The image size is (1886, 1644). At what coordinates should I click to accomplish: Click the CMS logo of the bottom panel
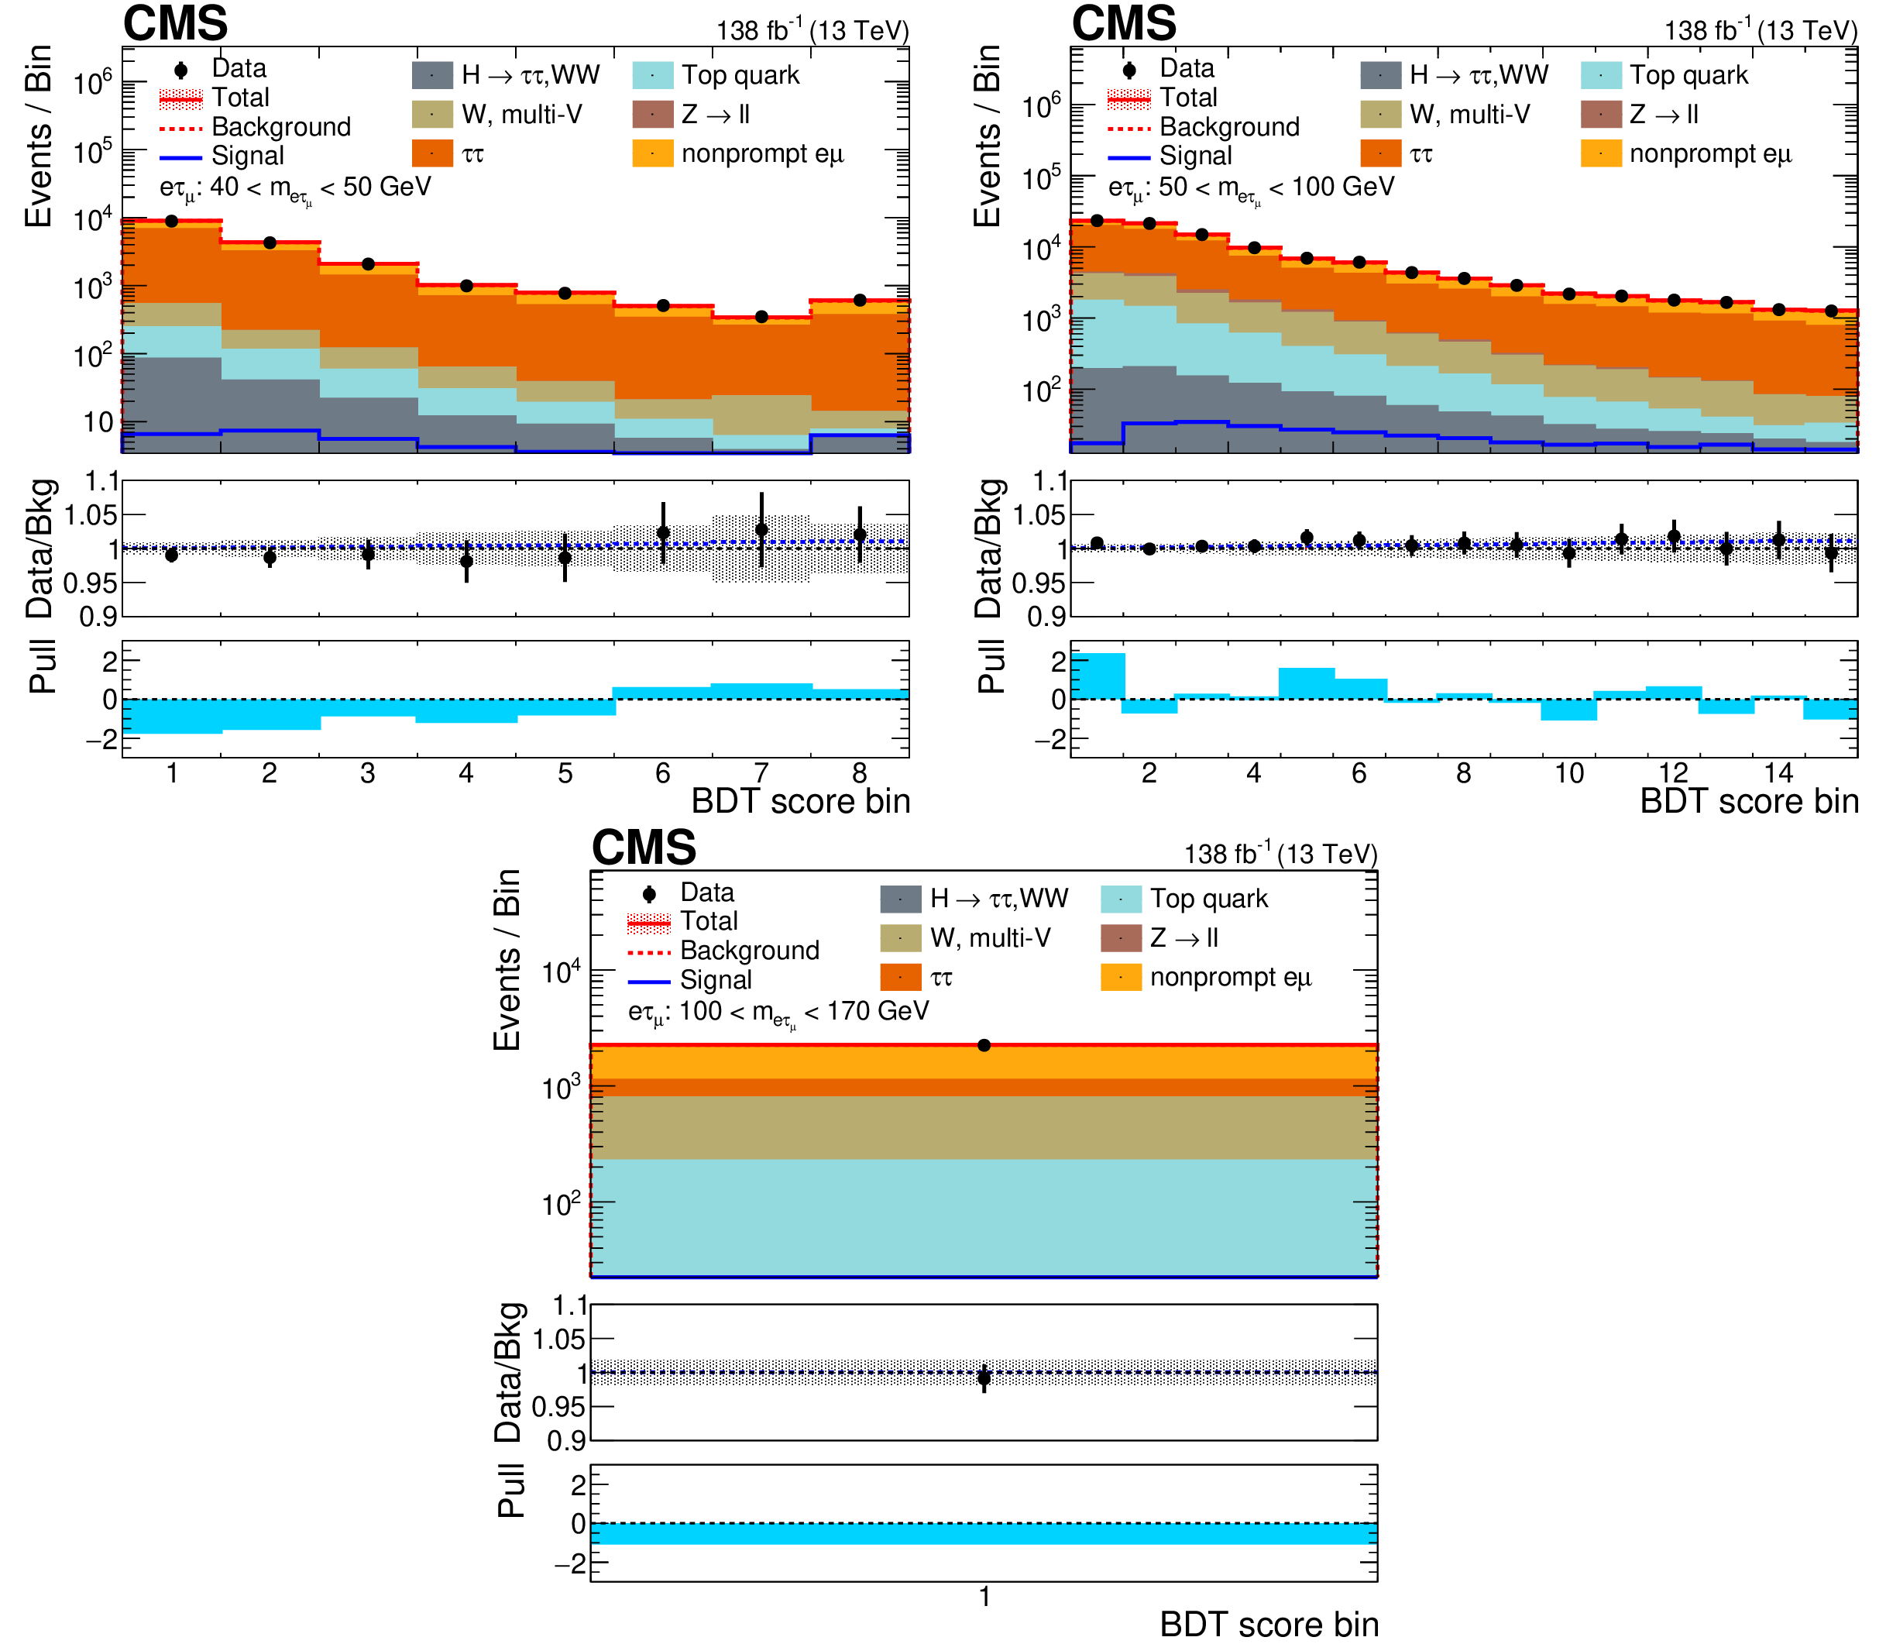point(643,846)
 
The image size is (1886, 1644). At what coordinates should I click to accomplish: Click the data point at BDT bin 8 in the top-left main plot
point(860,300)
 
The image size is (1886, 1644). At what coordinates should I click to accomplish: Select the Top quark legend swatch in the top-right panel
point(1601,75)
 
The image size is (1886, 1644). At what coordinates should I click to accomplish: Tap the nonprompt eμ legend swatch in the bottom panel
point(1121,977)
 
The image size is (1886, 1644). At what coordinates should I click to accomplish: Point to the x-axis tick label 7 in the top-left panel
point(761,773)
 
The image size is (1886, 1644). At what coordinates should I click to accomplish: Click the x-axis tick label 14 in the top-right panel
point(1778,773)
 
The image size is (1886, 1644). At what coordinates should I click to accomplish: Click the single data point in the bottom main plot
point(984,1045)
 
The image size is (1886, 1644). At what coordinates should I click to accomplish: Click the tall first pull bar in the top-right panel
point(1097,676)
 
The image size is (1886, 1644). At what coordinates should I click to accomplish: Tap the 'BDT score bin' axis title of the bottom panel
point(1269,1625)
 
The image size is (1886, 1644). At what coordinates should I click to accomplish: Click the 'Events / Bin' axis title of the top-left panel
point(39,136)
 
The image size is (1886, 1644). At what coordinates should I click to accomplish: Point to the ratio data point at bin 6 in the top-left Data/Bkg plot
point(663,533)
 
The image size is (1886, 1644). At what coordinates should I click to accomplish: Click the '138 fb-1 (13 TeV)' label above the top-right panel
point(1761,30)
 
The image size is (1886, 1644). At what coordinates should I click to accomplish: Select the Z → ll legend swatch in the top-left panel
point(653,115)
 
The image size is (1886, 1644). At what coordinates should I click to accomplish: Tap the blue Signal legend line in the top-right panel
point(1129,156)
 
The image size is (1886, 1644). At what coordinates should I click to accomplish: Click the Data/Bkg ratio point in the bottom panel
point(984,1378)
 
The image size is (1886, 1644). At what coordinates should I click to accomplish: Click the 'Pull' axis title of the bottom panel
point(510,1491)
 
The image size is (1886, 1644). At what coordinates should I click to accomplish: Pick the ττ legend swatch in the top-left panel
point(432,153)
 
